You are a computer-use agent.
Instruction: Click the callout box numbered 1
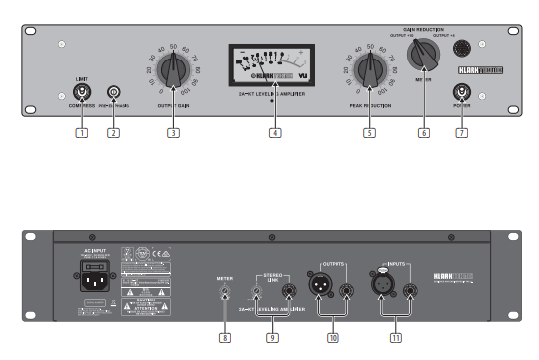82,132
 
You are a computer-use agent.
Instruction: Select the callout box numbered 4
275,132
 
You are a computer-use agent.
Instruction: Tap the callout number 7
460,132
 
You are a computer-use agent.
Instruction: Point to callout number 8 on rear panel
226,338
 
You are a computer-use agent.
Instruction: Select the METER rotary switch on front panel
425,53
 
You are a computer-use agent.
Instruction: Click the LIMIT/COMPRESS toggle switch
82,93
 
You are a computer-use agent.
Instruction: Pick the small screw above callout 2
113,93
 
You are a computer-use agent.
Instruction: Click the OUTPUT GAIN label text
174,104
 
